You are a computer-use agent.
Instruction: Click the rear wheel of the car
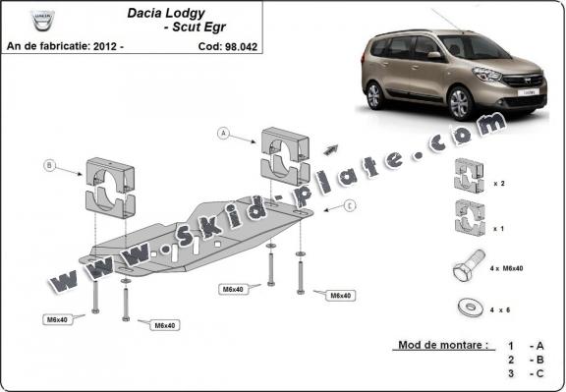tap(373, 95)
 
